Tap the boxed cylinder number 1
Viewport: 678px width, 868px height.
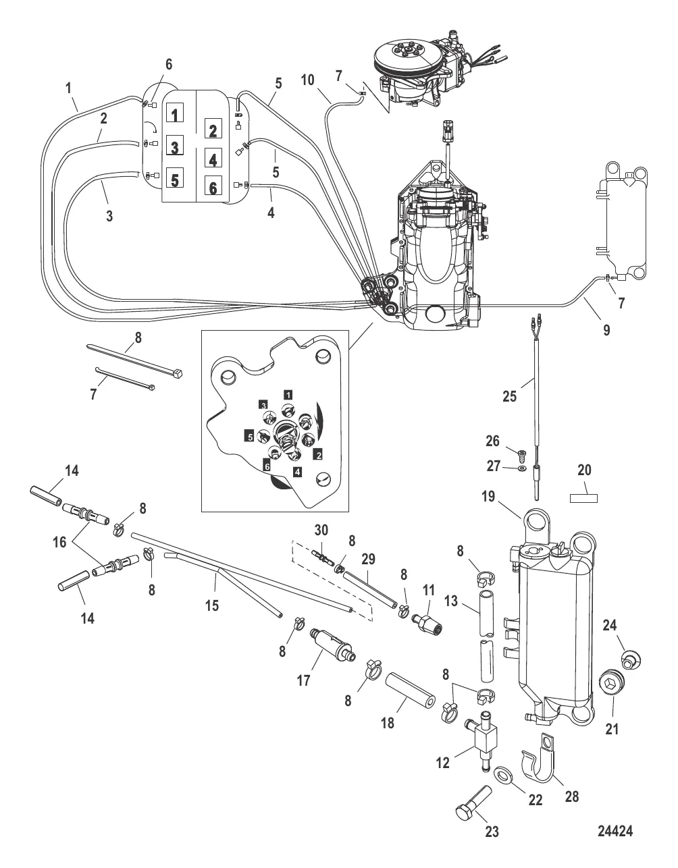click(x=175, y=114)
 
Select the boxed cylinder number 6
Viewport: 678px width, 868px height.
click(x=212, y=188)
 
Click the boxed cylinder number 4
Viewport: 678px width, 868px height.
click(x=212, y=159)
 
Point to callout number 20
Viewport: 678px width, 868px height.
click(x=585, y=470)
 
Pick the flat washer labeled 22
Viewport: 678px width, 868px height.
click(x=501, y=772)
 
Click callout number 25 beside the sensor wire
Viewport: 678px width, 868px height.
click(x=509, y=396)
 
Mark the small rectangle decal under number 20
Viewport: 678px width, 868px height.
click(x=585, y=498)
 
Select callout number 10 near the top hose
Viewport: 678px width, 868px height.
click(x=308, y=80)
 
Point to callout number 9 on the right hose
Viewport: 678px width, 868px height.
click(x=606, y=330)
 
